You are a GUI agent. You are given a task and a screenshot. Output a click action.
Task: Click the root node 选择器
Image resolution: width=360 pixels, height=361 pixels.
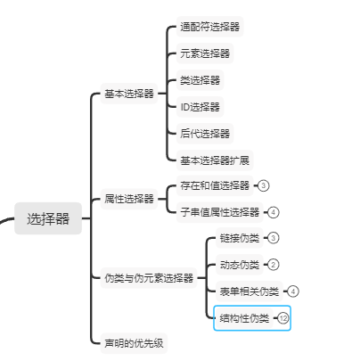click(x=48, y=218)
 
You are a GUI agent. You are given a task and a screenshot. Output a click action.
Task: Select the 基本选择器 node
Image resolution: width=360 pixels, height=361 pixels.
click(x=129, y=94)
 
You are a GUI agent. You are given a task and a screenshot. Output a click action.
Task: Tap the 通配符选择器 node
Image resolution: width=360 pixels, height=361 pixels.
click(x=210, y=27)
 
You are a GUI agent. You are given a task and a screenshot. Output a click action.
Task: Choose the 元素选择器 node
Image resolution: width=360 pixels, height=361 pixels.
click(x=205, y=53)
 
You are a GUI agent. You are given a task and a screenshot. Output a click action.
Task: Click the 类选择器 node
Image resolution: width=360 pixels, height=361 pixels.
click(x=200, y=80)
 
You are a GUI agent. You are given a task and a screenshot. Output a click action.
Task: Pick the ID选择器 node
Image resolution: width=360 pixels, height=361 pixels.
click(x=200, y=107)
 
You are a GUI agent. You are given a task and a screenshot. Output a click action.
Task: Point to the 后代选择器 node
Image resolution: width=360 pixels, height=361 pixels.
click(x=205, y=134)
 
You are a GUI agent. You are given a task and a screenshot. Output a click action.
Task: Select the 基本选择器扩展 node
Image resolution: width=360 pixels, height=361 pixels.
click(x=215, y=160)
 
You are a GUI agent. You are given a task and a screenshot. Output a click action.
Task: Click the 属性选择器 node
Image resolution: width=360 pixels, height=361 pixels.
click(x=129, y=199)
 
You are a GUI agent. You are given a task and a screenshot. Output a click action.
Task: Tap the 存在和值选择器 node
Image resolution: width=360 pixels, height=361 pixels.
click(x=215, y=185)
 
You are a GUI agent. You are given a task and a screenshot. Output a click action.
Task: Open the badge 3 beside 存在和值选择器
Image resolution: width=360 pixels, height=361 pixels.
click(x=263, y=185)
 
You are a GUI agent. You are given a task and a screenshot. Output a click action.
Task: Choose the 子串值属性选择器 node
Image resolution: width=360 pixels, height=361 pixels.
click(x=220, y=212)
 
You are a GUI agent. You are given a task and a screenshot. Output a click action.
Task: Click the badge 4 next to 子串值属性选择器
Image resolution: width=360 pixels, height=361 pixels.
click(x=274, y=212)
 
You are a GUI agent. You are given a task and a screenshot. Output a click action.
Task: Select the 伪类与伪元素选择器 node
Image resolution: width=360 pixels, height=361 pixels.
click(x=149, y=278)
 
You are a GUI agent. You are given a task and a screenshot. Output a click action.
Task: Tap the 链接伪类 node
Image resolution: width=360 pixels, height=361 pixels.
click(x=240, y=238)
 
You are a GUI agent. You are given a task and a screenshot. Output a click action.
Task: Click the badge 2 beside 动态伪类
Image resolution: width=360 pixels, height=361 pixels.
click(x=274, y=265)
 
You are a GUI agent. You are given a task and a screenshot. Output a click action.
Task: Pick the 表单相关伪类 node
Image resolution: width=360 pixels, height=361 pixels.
click(x=250, y=291)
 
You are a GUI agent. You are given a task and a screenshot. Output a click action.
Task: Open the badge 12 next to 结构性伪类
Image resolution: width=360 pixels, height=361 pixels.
click(x=283, y=318)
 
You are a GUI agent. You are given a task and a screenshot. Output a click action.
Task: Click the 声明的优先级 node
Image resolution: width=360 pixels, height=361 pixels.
click(x=134, y=343)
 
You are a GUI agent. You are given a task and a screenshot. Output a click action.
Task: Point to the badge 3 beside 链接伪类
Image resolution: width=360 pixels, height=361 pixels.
click(x=274, y=238)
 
